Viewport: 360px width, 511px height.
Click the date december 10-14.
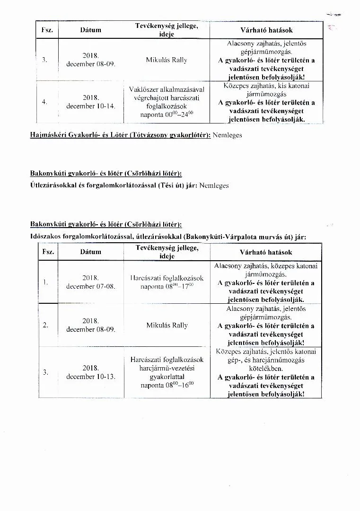coord(91,106)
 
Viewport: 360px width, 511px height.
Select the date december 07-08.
coord(91,287)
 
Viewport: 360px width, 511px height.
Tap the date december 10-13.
coord(91,377)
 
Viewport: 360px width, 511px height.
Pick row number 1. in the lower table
coord(46,282)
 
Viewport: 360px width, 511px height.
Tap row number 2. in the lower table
coord(46,325)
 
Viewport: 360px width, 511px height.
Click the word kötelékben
coord(266,368)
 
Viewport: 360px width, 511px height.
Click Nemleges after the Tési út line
coord(214,185)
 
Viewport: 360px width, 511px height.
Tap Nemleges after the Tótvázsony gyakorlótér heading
coord(228,135)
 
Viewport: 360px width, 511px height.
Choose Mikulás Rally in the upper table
coord(167,60)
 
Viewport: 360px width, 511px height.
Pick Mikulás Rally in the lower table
coord(167,326)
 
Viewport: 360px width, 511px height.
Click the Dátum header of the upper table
coord(91,30)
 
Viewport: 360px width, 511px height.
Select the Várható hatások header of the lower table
coord(266,252)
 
